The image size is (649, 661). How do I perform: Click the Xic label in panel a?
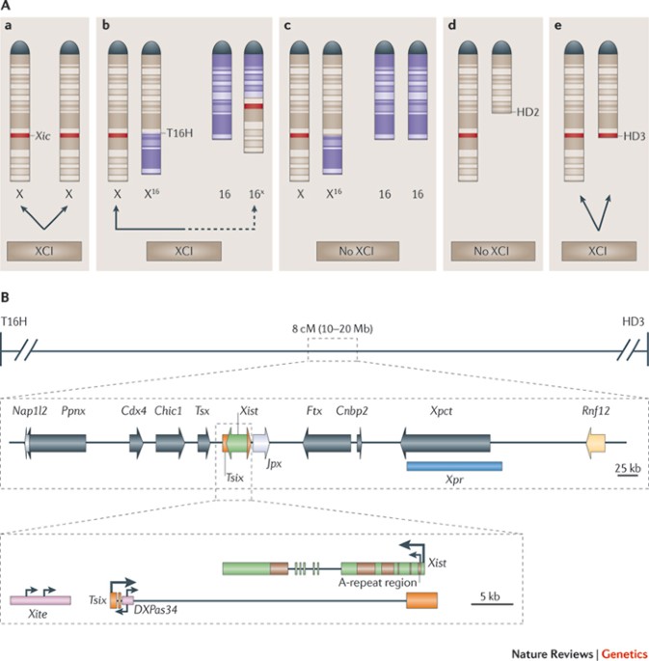42,136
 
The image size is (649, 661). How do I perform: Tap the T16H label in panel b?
179,133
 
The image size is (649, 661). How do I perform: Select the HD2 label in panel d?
527,112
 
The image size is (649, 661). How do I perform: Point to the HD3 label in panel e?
634,136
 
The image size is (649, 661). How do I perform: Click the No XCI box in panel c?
358,251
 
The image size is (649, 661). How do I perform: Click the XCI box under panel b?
184,251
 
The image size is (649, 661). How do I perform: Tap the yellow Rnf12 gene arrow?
596,443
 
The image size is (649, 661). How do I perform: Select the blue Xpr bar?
454,466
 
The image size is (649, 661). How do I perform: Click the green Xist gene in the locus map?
238,443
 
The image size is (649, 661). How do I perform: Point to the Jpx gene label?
274,463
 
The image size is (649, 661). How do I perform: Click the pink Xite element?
41,600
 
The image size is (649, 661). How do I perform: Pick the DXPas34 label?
155,610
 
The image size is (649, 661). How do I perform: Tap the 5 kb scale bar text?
490,596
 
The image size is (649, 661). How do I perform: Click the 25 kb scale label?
628,468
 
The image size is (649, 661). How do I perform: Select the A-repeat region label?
377,583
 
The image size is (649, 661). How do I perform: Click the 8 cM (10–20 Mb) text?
333,328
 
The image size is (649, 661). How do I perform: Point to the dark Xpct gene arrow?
446,443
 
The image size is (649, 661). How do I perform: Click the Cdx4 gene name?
133,411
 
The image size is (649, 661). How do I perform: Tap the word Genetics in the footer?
624,654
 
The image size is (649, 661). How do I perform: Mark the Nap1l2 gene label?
30,411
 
